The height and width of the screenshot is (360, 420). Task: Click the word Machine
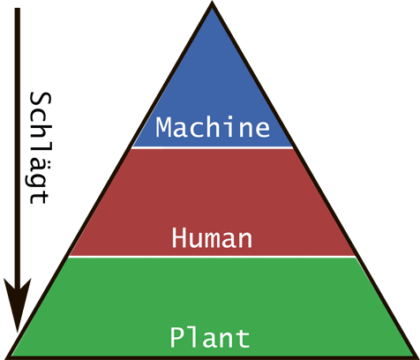213,127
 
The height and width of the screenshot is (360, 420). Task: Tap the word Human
212,238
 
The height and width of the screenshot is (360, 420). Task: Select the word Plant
210,337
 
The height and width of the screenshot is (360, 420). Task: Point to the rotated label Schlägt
41,148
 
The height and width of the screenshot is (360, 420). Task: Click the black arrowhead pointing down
18,303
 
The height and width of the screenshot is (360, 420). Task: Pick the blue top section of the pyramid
213,97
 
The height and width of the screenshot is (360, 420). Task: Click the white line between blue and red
213,147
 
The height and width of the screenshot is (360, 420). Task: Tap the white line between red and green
213,257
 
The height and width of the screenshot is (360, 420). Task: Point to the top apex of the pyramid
213,3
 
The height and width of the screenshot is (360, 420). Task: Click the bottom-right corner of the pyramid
417,357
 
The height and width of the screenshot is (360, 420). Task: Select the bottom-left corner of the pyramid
6,357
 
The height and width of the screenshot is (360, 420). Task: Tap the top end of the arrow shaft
18,8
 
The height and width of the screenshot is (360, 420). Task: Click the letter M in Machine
163,127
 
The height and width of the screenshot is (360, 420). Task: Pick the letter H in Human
179,237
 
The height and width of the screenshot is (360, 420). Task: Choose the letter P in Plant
177,337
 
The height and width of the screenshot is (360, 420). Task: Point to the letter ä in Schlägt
41,160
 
